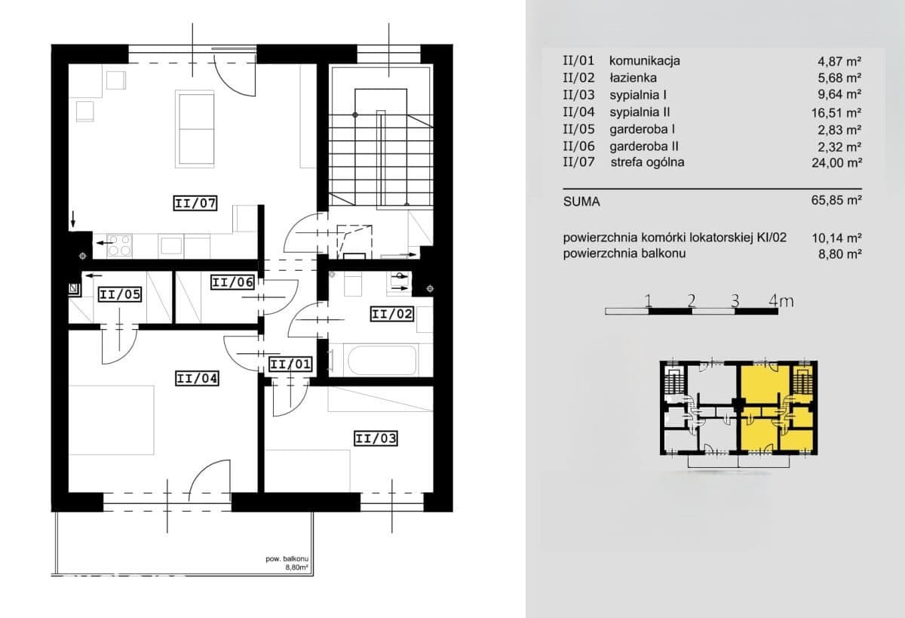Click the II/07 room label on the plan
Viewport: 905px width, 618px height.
tap(195, 203)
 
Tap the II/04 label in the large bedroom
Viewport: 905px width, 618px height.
tap(197, 378)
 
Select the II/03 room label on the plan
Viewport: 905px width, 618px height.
tap(376, 438)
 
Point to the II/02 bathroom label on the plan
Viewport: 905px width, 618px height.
tap(392, 314)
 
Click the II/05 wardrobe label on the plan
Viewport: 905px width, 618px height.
tap(120, 294)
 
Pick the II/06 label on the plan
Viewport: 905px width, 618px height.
tap(233, 282)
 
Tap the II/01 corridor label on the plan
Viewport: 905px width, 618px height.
tap(290, 364)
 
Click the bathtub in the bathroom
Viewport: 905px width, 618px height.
tap(382, 360)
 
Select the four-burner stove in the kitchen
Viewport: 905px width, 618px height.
tap(120, 245)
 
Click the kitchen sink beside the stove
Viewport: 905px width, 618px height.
tap(171, 245)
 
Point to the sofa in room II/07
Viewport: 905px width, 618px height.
tap(195, 129)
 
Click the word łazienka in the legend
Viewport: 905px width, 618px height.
tap(633, 78)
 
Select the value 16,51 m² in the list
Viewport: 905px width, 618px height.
tap(836, 112)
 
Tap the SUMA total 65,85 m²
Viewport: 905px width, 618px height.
tap(836, 200)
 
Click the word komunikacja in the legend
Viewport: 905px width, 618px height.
tap(645, 60)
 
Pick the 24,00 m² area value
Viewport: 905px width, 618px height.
tap(836, 163)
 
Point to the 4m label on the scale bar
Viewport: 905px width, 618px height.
tap(781, 301)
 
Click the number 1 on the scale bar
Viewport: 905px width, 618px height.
tap(649, 301)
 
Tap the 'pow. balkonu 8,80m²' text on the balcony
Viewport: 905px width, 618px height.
tap(287, 563)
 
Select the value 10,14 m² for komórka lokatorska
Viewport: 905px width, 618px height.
tap(836, 238)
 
